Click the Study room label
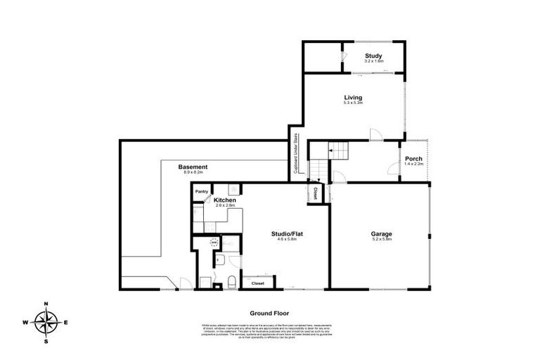tap(373, 56)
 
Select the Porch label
tap(413, 159)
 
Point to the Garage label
tap(382, 233)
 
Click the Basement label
tap(193, 167)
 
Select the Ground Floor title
tap(269, 313)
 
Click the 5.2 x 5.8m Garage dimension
tap(382, 240)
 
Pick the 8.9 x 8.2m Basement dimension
tap(193, 172)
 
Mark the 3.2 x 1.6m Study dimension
tap(373, 61)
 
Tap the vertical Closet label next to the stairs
tap(316, 194)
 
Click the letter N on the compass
tap(46, 304)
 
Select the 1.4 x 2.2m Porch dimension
tap(413, 165)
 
